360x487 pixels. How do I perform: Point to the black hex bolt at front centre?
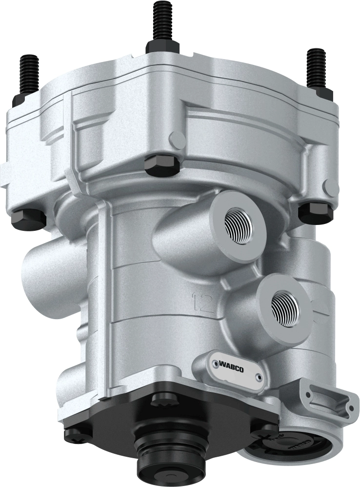point(161,164)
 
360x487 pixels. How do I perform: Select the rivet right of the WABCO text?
point(259,377)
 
